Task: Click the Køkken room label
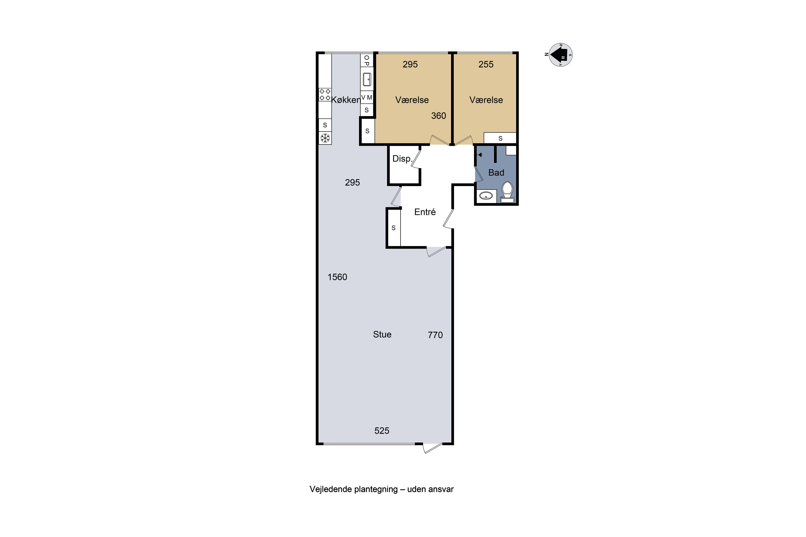pyautogui.click(x=346, y=100)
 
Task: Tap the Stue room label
pyautogui.click(x=382, y=334)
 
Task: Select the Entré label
pyautogui.click(x=425, y=212)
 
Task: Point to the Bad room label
pyautogui.click(x=496, y=173)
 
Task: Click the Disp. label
pyautogui.click(x=402, y=159)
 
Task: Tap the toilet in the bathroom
pyautogui.click(x=507, y=192)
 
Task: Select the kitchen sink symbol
pyautogui.click(x=367, y=79)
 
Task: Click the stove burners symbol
pyautogui.click(x=325, y=95)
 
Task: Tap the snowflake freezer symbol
pyautogui.click(x=325, y=138)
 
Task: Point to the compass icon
pyautogui.click(x=560, y=55)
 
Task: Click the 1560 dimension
pyautogui.click(x=337, y=277)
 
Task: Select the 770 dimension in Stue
pyautogui.click(x=435, y=335)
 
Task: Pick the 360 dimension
pyautogui.click(x=439, y=116)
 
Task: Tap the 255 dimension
pyautogui.click(x=486, y=64)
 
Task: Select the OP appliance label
pyautogui.click(x=367, y=61)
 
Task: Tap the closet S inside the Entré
pyautogui.click(x=393, y=228)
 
